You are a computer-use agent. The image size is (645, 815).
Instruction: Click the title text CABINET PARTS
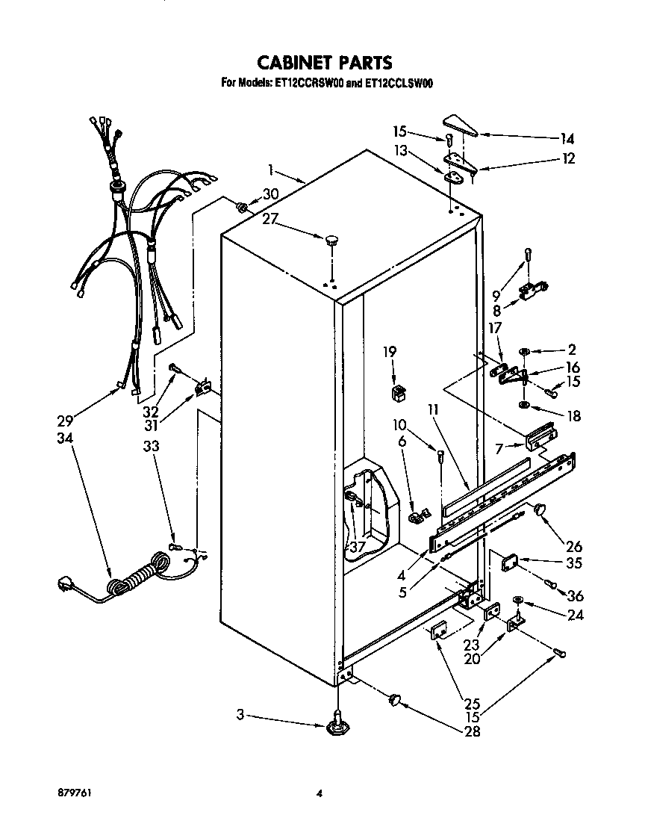tap(324, 61)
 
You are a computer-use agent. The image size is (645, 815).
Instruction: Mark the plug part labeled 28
tap(393, 699)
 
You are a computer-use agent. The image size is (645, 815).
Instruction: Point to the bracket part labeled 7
tap(540, 437)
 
